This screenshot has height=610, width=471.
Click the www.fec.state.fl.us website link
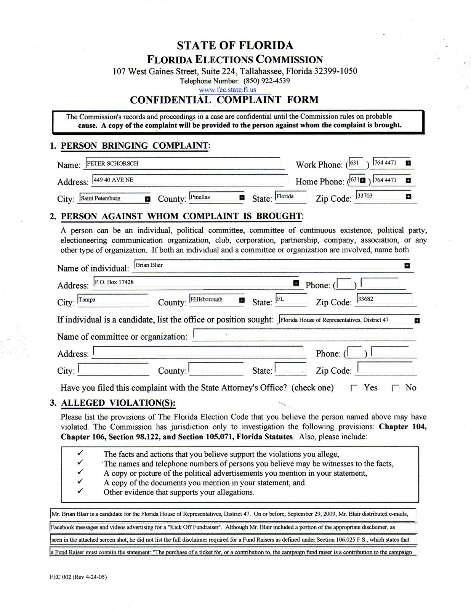(x=227, y=90)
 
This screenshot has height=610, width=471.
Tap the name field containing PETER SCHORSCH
(x=183, y=164)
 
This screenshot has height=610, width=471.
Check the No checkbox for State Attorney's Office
(x=396, y=388)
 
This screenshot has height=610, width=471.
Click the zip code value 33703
(x=381, y=196)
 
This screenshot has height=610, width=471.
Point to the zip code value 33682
(x=384, y=299)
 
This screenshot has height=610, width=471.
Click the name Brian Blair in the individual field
(x=267, y=265)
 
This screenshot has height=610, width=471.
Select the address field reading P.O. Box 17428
(x=194, y=283)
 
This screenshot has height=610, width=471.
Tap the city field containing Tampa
(x=113, y=300)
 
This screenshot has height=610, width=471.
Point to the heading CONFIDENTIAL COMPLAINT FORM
(x=224, y=100)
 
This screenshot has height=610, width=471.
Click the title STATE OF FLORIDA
(x=235, y=46)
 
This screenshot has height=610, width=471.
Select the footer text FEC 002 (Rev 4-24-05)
(x=78, y=577)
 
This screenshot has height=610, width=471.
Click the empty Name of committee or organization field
(x=303, y=334)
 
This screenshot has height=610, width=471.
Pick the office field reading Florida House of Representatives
(x=345, y=320)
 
